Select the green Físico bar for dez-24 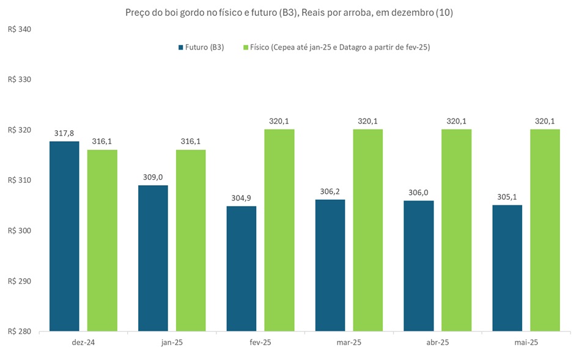(102, 241)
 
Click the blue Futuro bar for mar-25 (330, 265)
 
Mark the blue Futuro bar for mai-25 (507, 268)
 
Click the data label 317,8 (64, 133)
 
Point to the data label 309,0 (153, 177)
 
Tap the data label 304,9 (241, 197)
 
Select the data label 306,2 (330, 191)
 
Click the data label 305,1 (507, 196)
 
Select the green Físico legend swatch (246, 48)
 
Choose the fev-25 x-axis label (260, 342)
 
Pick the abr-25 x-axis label (437, 342)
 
